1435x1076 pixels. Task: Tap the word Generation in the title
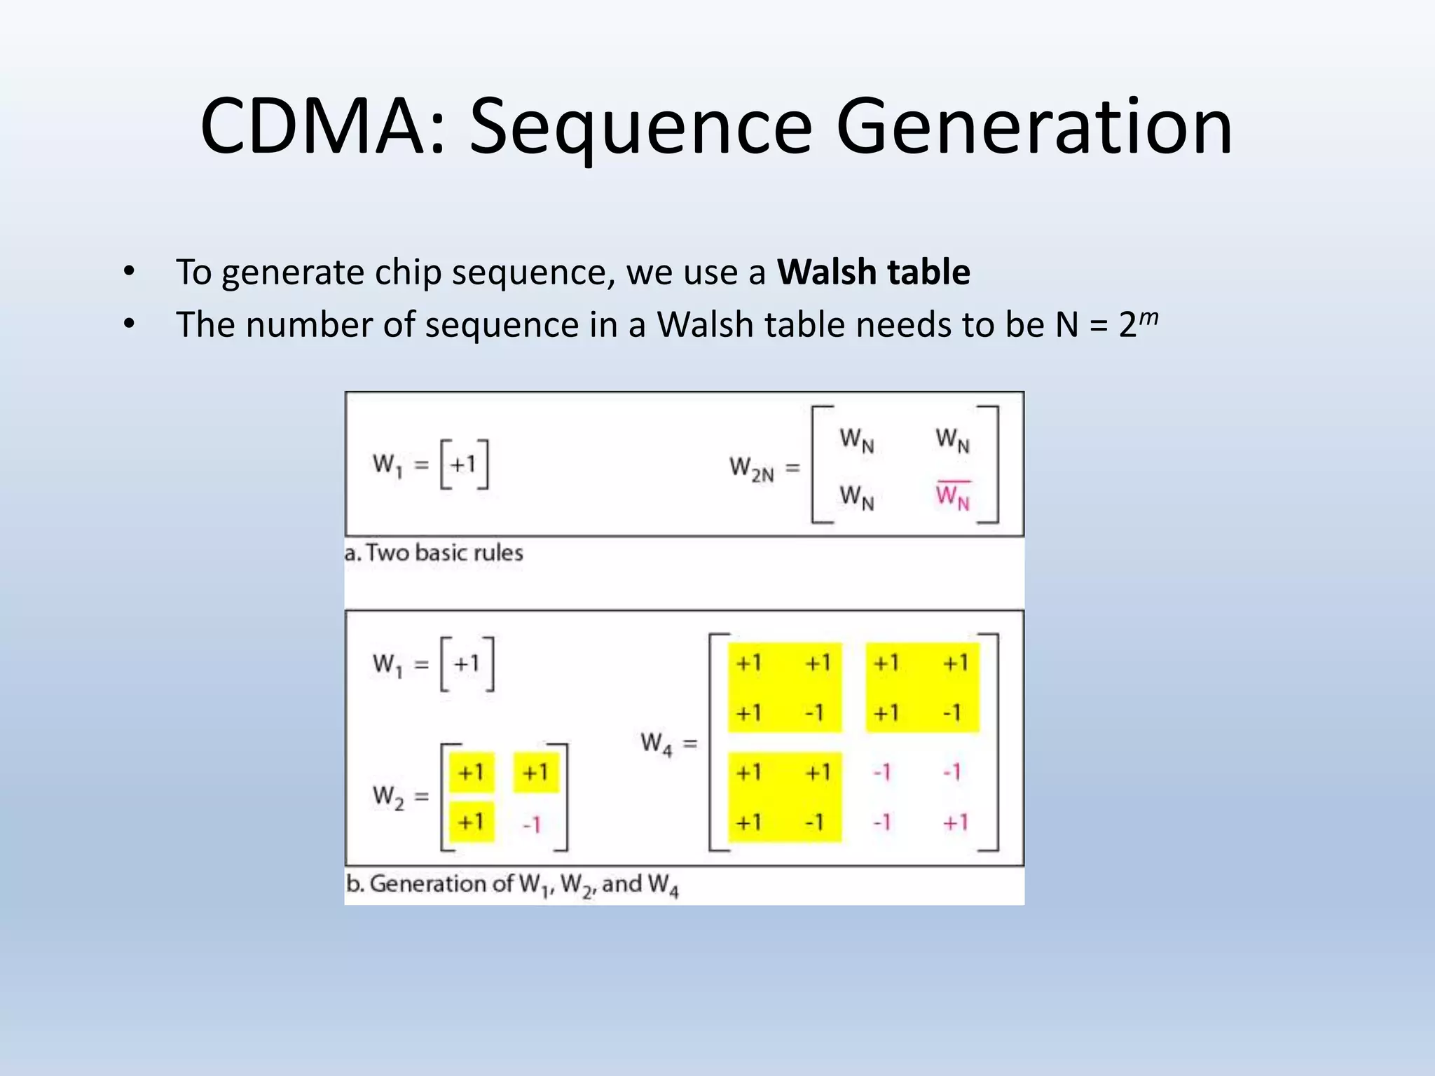click(1034, 128)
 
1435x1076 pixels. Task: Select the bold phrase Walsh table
click(873, 272)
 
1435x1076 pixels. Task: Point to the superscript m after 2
click(1148, 319)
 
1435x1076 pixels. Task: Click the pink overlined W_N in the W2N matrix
click(953, 496)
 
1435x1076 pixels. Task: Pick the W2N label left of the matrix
click(752, 468)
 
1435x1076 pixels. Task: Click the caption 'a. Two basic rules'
click(434, 553)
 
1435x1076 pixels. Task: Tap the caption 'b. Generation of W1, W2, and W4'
click(512, 885)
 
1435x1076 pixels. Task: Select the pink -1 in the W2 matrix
click(533, 825)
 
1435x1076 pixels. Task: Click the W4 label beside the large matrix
click(657, 743)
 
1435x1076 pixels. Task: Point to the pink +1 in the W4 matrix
click(955, 822)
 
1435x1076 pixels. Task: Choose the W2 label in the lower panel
click(389, 796)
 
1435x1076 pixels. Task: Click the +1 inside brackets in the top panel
click(463, 464)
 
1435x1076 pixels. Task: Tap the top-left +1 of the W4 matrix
click(748, 663)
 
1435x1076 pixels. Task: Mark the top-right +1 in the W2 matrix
click(535, 773)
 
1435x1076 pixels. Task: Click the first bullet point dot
click(128, 272)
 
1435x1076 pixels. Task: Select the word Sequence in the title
click(640, 128)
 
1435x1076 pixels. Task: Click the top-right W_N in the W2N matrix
click(953, 440)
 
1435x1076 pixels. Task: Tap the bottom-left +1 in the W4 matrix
click(748, 822)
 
